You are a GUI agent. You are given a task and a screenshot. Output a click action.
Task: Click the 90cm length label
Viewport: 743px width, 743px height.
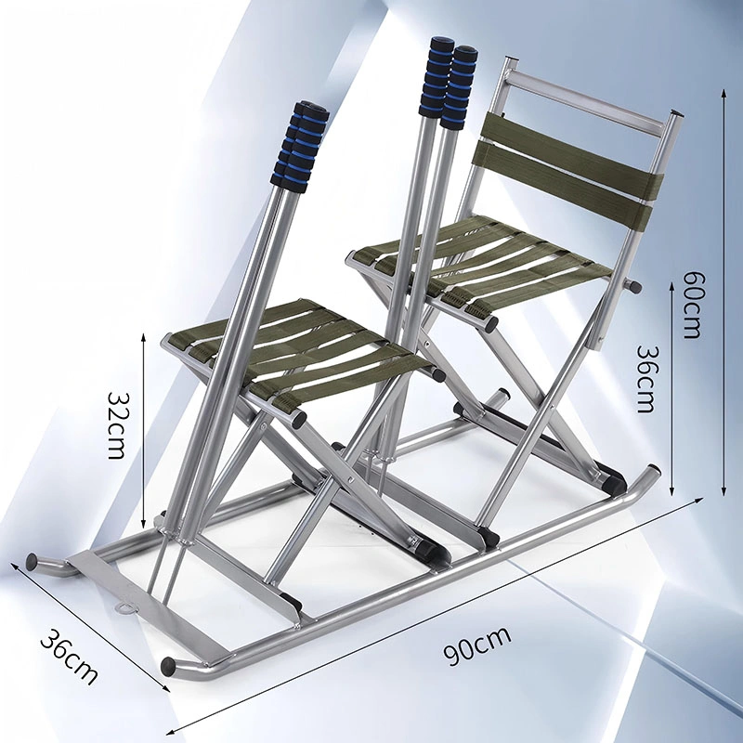[x=477, y=645]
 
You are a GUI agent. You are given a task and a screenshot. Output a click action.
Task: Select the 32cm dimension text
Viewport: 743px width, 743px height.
[x=116, y=424]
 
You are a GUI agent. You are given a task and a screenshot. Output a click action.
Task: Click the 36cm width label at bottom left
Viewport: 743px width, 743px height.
[x=70, y=657]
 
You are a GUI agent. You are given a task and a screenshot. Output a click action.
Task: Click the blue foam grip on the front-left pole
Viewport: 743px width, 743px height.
[x=300, y=146]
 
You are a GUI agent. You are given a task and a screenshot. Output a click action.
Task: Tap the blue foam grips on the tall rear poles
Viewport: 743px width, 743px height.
[x=449, y=82]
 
